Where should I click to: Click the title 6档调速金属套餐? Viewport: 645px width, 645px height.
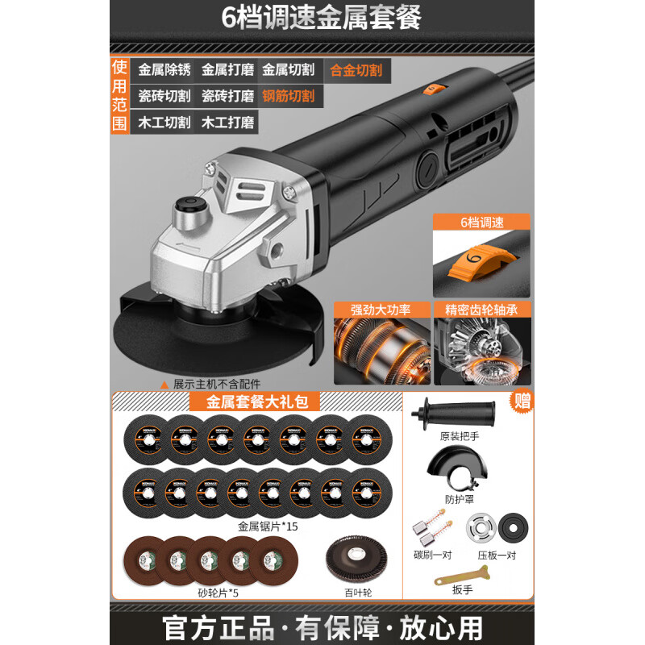[322, 17]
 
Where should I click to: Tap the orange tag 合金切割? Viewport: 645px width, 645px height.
[356, 70]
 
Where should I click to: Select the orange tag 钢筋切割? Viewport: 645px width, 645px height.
[289, 97]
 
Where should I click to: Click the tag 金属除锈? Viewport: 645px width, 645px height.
[164, 70]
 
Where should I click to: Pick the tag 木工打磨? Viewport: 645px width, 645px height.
[227, 123]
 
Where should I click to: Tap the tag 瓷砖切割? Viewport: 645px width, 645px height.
[164, 97]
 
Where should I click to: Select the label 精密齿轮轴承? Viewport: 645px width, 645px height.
[481, 309]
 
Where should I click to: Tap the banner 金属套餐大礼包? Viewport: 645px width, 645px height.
[252, 400]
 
